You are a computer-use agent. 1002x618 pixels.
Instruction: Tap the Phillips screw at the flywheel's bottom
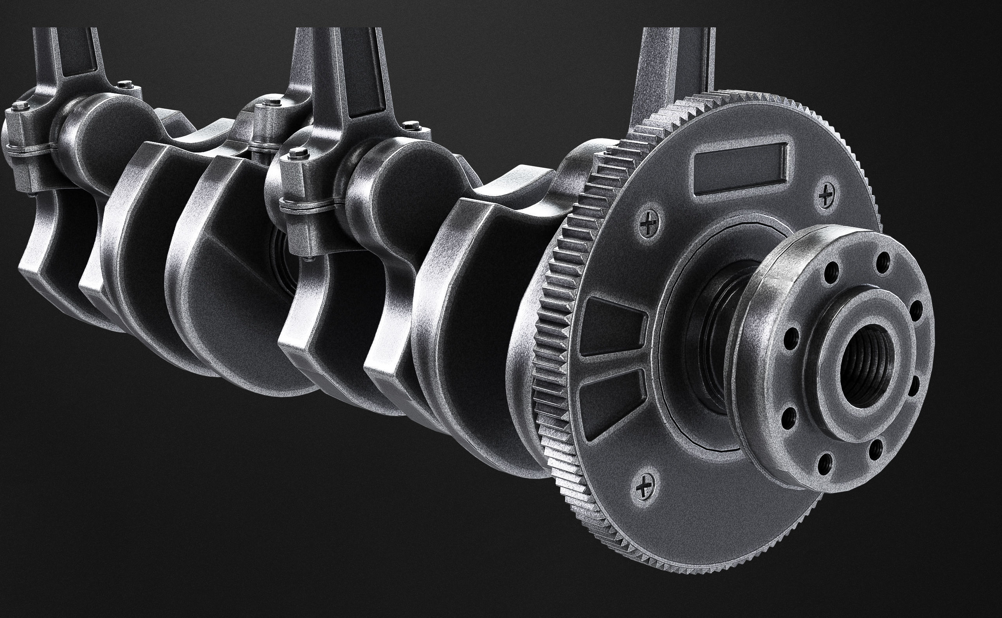click(645, 487)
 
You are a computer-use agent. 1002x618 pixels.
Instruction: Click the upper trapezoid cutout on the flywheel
click(612, 327)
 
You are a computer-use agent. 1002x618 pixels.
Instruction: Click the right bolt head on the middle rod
click(411, 126)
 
